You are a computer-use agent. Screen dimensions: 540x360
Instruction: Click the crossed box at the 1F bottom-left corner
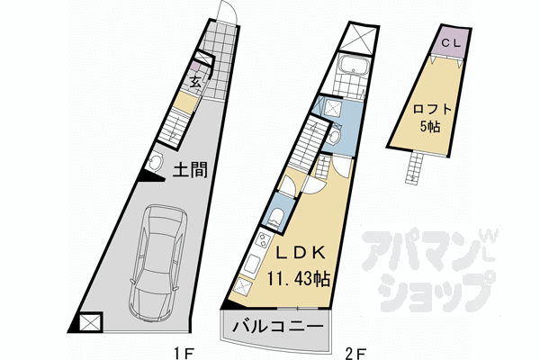pyautogui.click(x=90, y=323)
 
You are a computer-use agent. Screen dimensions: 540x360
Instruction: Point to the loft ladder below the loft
pyautogui.click(x=415, y=166)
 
